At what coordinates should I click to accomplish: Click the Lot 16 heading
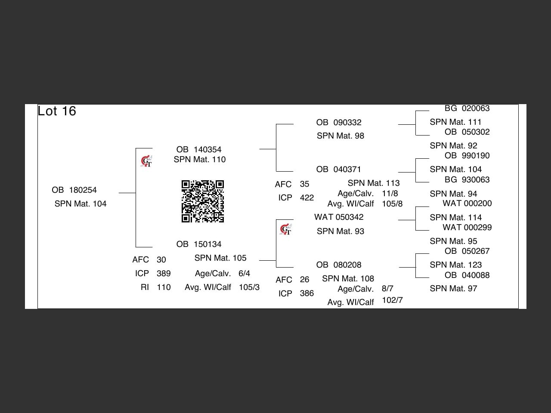coord(57,111)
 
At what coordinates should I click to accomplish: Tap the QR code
coord(203,201)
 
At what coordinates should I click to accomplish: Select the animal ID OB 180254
coord(74,190)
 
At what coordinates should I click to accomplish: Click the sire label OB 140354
coord(199,150)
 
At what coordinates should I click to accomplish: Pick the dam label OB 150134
coord(199,244)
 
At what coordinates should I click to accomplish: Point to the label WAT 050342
coord(339,217)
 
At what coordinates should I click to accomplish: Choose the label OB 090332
coord(339,123)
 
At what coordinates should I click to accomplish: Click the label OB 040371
coord(339,170)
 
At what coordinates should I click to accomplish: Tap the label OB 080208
coord(339,265)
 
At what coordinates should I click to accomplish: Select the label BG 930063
coord(467,180)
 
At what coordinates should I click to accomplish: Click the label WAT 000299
coord(467,228)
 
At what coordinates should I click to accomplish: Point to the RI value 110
coord(164,287)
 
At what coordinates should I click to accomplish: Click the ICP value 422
coord(307,198)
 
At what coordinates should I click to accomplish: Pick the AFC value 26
coord(304,280)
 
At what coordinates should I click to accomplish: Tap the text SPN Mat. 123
coord(455,265)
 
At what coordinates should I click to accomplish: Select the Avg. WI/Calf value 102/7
coord(392,300)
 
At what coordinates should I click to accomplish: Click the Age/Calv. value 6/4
coord(244,274)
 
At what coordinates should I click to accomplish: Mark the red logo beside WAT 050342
coord(285,230)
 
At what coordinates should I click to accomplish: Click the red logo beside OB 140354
coord(146,161)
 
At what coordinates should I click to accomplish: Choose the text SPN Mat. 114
coord(455,218)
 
